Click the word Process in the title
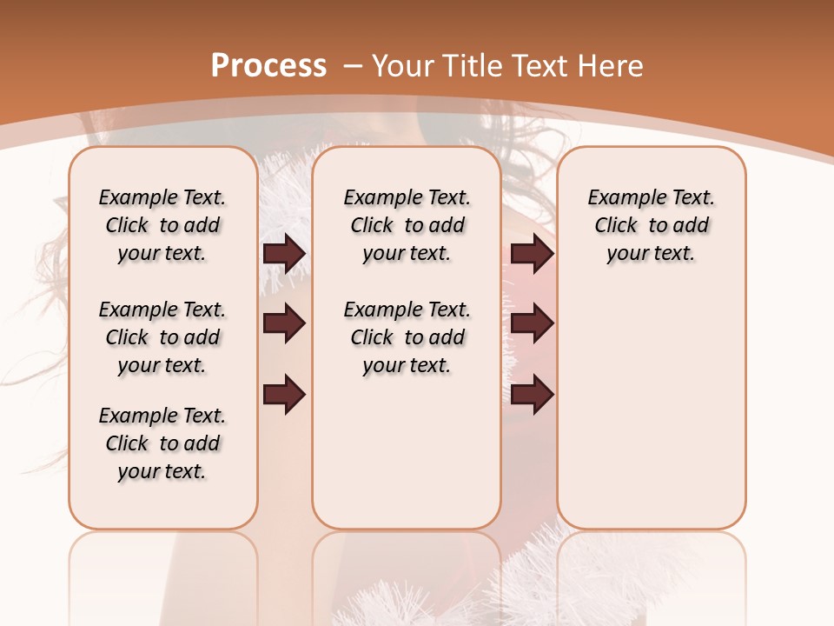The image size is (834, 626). coord(268,65)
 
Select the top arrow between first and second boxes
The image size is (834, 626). coord(284,253)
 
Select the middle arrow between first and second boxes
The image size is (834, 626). coord(284,323)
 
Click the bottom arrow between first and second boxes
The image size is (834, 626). coord(284,395)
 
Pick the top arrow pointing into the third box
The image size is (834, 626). coord(532,253)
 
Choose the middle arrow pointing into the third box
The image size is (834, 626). coord(532,323)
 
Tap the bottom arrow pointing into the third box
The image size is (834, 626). coord(532,395)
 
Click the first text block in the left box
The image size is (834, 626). coord(162,225)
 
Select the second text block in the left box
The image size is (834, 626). coord(162,337)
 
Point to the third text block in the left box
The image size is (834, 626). coord(162,443)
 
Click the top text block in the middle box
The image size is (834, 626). coord(407,225)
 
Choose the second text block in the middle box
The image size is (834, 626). coord(407,337)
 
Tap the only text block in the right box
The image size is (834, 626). coord(651,225)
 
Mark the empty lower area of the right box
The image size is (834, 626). coord(651,417)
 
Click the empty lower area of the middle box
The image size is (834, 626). coord(407,452)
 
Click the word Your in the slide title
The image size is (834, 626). coord(404,65)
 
